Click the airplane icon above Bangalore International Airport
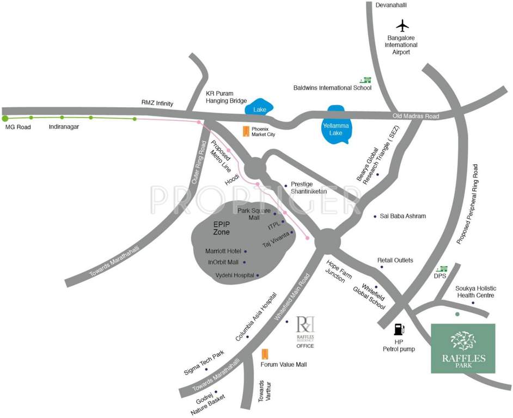pyautogui.click(x=402, y=25)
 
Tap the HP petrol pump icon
pyautogui.click(x=400, y=329)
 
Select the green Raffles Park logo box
pyautogui.click(x=463, y=348)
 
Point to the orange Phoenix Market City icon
pyautogui.click(x=246, y=131)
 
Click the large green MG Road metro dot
pyautogui.click(x=5, y=118)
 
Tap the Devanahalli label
pyautogui.click(x=392, y=5)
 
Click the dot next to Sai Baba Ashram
pyautogui.click(x=375, y=217)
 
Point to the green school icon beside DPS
pyautogui.click(x=443, y=269)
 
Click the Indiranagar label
pyautogui.click(x=65, y=127)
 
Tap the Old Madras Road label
pyautogui.click(x=416, y=116)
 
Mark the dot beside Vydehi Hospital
pyautogui.click(x=258, y=275)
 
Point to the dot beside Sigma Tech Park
pyautogui.click(x=206, y=370)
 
